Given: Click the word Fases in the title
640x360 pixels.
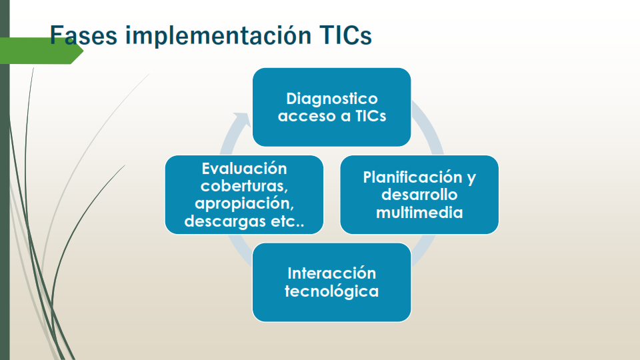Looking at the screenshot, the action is (x=83, y=35).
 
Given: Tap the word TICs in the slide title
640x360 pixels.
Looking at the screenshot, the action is (x=346, y=35).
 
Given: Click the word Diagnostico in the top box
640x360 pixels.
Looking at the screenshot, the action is (x=332, y=99).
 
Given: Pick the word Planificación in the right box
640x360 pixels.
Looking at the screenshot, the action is (x=413, y=177).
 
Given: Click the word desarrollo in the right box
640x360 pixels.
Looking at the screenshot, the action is (x=419, y=195).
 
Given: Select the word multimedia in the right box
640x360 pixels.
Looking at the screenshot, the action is (x=419, y=212).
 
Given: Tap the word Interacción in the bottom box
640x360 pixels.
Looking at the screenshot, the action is (x=332, y=273).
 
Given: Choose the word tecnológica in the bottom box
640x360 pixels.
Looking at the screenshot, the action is (x=332, y=291).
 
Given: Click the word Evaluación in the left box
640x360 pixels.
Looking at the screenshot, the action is (x=245, y=169).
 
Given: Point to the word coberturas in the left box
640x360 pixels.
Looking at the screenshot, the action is (x=245, y=186).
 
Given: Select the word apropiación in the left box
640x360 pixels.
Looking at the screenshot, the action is (x=245, y=204).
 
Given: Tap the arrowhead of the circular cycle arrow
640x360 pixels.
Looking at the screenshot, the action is (x=241, y=119).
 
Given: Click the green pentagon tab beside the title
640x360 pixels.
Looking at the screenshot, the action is (x=41, y=51).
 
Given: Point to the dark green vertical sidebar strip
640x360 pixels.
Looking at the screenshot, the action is (x=5, y=180).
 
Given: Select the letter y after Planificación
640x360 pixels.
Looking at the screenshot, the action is (x=471, y=179).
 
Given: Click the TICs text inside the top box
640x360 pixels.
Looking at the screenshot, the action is (x=371, y=116).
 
